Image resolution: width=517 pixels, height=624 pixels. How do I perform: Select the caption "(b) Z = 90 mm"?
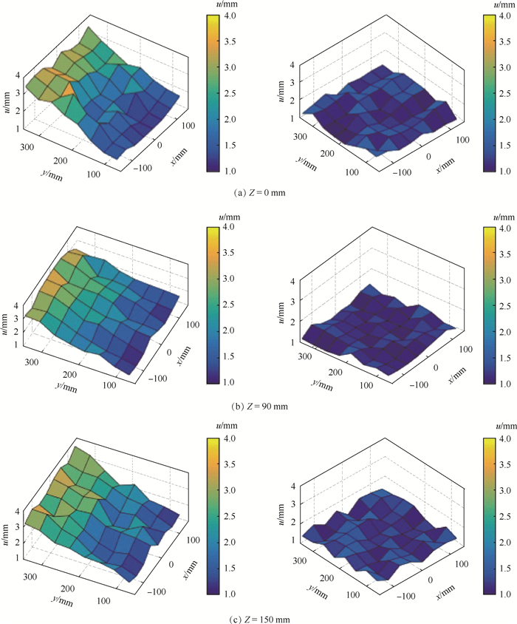click(258, 405)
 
